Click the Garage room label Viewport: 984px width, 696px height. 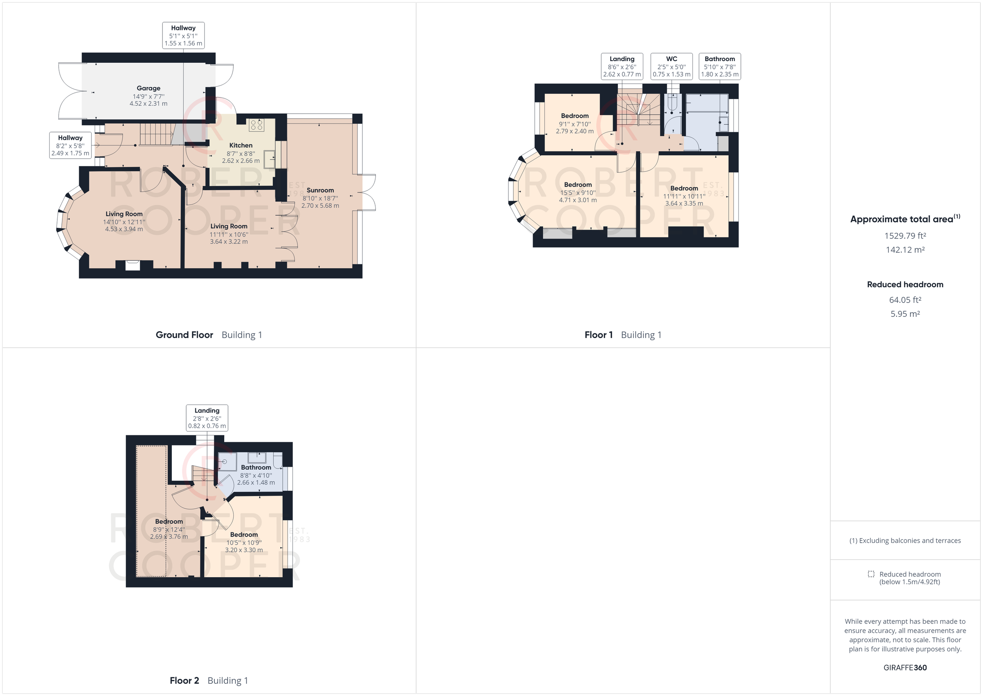[x=148, y=96]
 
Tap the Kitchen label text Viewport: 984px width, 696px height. [x=240, y=152]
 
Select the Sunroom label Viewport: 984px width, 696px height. [x=320, y=198]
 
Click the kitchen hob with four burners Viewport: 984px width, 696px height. [x=256, y=125]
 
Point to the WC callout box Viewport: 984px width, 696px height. [x=671, y=66]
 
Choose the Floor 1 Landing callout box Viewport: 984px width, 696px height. [x=622, y=66]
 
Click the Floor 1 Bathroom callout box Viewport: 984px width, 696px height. [x=720, y=66]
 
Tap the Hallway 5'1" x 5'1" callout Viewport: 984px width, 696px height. [x=183, y=36]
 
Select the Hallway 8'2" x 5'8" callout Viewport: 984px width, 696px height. [x=70, y=145]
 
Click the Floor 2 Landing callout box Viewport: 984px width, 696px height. [x=207, y=418]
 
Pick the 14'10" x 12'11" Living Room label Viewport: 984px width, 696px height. [x=124, y=221]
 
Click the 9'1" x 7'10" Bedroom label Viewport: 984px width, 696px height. [x=574, y=123]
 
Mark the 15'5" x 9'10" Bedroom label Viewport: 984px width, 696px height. [x=577, y=192]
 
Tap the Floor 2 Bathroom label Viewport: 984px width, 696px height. [x=256, y=474]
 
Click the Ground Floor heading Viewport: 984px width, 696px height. [x=184, y=335]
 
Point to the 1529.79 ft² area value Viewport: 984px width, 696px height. [x=905, y=236]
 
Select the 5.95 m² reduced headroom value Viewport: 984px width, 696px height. [x=905, y=314]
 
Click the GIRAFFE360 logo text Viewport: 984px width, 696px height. [x=905, y=667]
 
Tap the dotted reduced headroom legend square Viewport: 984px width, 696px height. [x=871, y=574]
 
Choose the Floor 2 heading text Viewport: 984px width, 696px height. [x=184, y=680]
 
